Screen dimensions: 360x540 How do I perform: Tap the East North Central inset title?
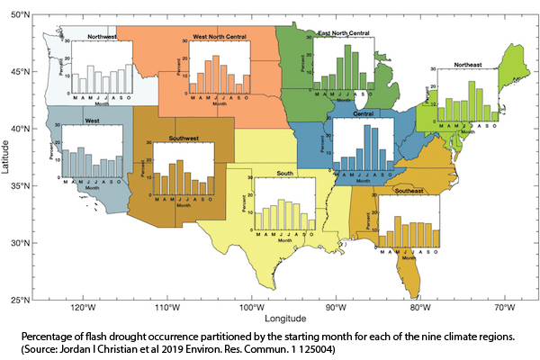pyautogui.click(x=344, y=32)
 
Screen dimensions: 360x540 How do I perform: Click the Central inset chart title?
pyautogui.click(x=364, y=114)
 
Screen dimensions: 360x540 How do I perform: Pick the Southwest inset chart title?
pyautogui.click(x=184, y=139)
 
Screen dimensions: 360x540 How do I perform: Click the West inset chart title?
pyautogui.click(x=92, y=119)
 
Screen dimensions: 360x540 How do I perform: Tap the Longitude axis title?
pyautogui.click(x=286, y=319)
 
